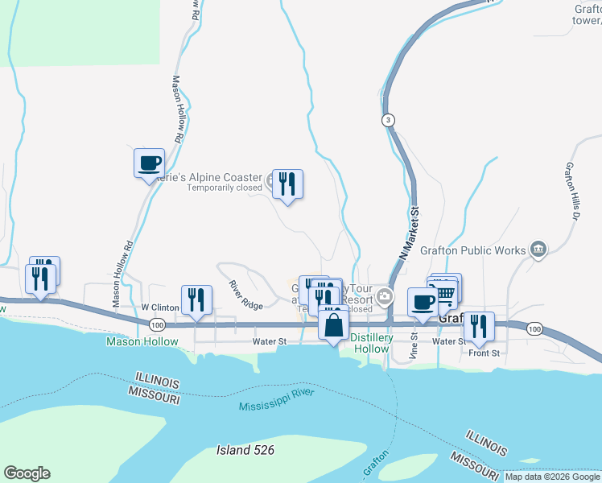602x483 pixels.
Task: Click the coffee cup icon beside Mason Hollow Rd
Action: [149, 163]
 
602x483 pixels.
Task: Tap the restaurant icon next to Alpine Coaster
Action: [287, 184]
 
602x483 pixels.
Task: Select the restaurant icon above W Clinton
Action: [196, 300]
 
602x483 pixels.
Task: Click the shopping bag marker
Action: [333, 325]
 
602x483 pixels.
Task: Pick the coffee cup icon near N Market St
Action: [423, 303]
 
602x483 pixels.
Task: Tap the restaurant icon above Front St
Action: [479, 326]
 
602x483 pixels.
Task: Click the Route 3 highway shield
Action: [389, 120]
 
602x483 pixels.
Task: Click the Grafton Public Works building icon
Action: [538, 250]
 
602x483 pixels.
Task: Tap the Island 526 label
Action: [245, 450]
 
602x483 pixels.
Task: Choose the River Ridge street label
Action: [245, 296]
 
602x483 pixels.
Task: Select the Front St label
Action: [484, 353]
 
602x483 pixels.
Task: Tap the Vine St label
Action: [415, 345]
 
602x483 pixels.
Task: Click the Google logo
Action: [27, 473]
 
